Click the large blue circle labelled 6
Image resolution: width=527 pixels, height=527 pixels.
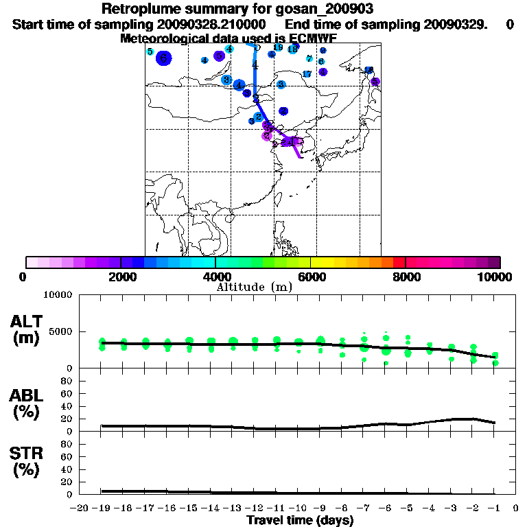tap(163, 58)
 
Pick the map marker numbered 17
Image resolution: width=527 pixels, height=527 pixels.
tap(307, 74)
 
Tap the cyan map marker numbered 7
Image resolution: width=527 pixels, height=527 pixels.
tap(309, 59)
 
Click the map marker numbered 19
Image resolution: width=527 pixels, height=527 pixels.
tap(278, 47)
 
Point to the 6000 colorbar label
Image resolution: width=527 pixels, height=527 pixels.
tap(310, 277)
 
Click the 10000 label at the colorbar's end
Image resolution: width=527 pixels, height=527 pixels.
tap(495, 277)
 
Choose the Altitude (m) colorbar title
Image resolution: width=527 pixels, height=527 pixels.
tap(255, 287)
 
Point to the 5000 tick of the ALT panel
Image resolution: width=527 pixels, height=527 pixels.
tap(60, 331)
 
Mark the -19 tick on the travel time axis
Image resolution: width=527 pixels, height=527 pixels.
tap(102, 508)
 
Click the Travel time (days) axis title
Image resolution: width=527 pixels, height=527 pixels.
tap(300, 520)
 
